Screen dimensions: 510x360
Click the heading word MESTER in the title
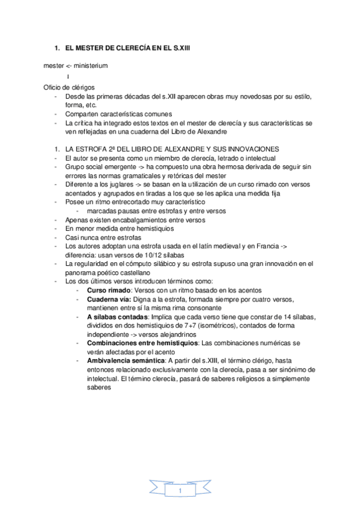pos(86,47)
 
